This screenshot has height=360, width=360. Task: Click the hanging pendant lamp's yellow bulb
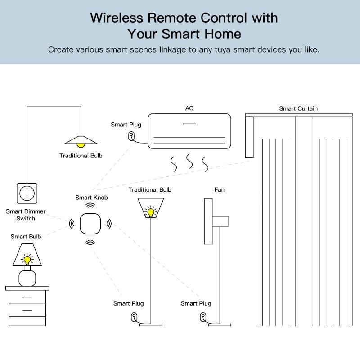(x=81, y=144)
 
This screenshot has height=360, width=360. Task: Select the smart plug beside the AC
(x=131, y=136)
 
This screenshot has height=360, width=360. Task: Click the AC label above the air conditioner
(x=189, y=108)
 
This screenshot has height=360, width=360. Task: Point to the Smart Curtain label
(x=298, y=108)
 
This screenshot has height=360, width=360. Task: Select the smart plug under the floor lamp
(x=134, y=317)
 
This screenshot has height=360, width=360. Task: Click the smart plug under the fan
(x=203, y=317)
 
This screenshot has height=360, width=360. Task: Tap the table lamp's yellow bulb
(x=27, y=260)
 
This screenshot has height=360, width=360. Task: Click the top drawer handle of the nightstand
(x=27, y=297)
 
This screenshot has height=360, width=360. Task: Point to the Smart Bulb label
(x=26, y=236)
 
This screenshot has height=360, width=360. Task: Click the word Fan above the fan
(x=219, y=190)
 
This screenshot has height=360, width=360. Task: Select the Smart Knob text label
(x=91, y=198)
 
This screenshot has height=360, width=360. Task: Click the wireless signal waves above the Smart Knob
(x=91, y=205)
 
